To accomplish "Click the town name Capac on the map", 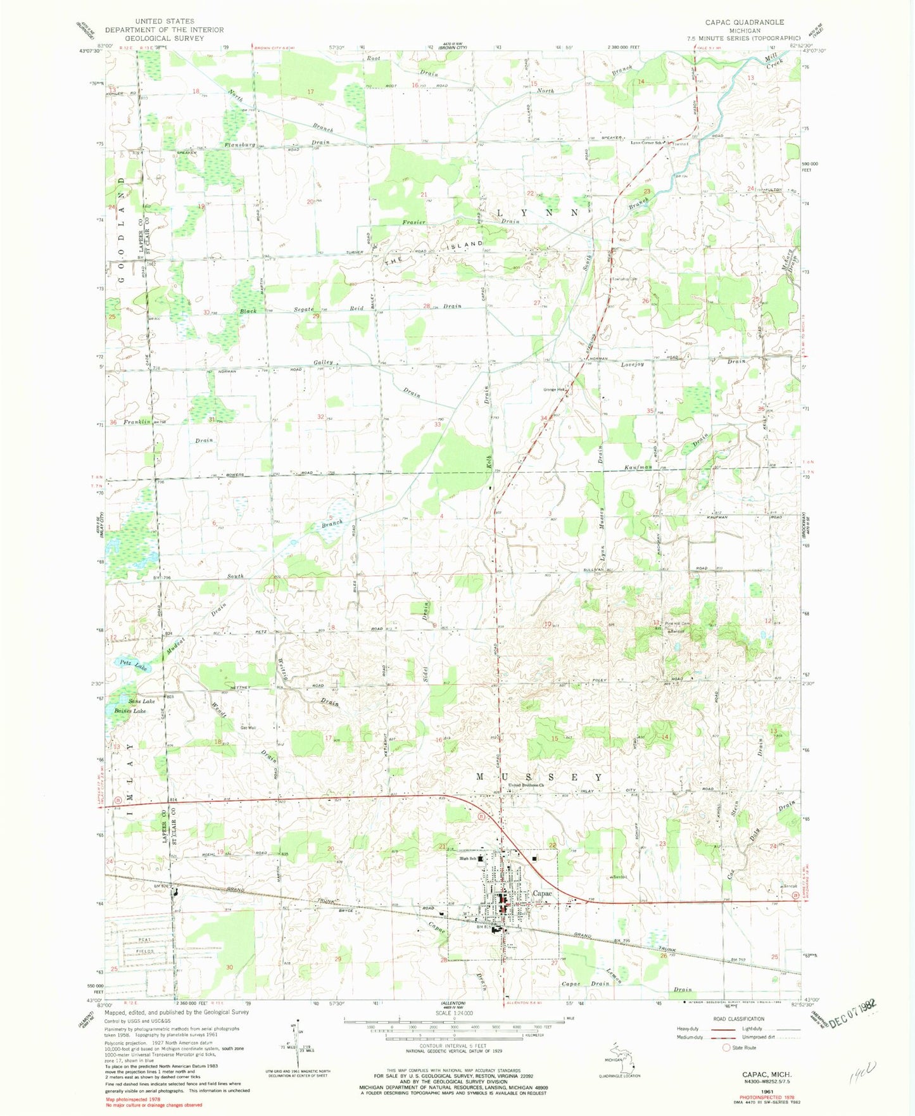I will (x=543, y=893).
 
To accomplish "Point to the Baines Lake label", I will (x=130, y=711).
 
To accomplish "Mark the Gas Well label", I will (x=248, y=727).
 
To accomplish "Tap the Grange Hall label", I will (x=553, y=390).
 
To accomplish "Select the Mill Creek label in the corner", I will (x=774, y=61).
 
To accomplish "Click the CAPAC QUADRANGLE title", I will (x=744, y=22).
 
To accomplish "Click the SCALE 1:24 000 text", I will (x=453, y=1013).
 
